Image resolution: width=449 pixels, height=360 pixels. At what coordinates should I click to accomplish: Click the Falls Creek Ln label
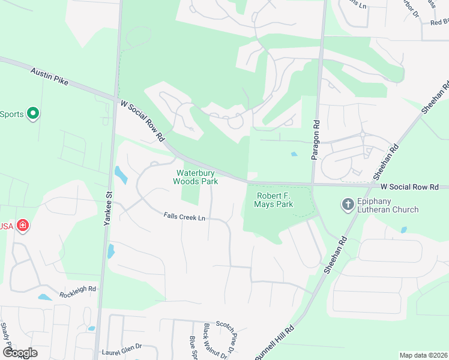[x=185, y=217]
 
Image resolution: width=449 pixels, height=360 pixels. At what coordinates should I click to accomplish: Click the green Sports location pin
[x=33, y=113]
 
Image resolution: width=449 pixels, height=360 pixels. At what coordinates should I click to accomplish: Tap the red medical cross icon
[x=23, y=226]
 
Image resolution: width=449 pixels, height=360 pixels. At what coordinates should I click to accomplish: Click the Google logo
[x=20, y=353]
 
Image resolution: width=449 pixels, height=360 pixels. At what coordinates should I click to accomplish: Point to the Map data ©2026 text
[x=423, y=355]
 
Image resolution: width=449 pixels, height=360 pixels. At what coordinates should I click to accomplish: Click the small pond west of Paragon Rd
[x=294, y=154]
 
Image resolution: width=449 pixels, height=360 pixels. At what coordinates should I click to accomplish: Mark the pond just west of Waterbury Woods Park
[x=121, y=175]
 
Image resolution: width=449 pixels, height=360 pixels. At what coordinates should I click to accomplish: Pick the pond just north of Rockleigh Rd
[x=44, y=297]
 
